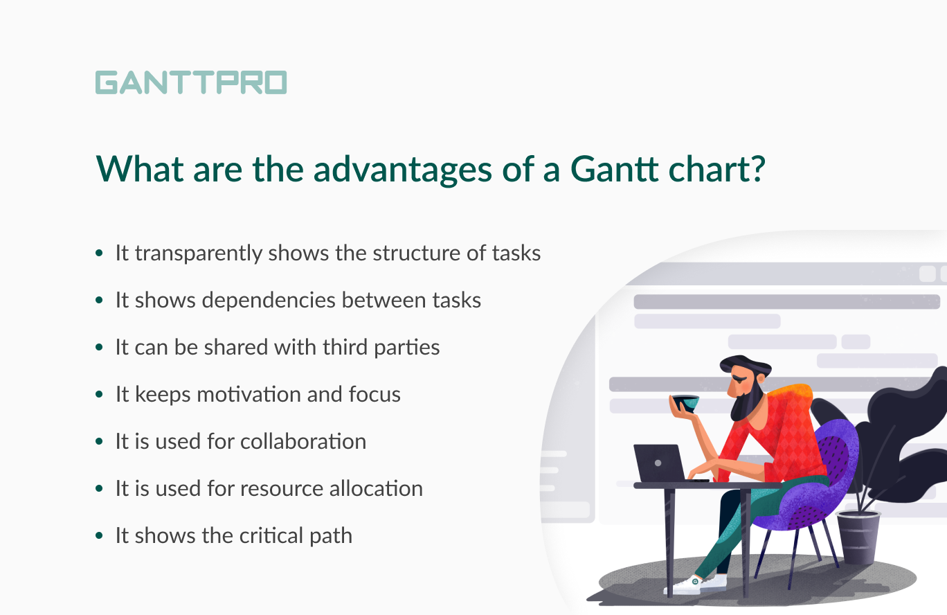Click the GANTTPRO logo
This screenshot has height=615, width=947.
[190, 82]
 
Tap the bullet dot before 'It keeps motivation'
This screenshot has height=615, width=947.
[100, 395]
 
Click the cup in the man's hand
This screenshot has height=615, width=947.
[684, 402]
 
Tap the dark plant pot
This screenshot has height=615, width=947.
[858, 537]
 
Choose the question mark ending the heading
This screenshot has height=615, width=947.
[757, 168]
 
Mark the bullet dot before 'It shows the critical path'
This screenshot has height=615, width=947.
[100, 537]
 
